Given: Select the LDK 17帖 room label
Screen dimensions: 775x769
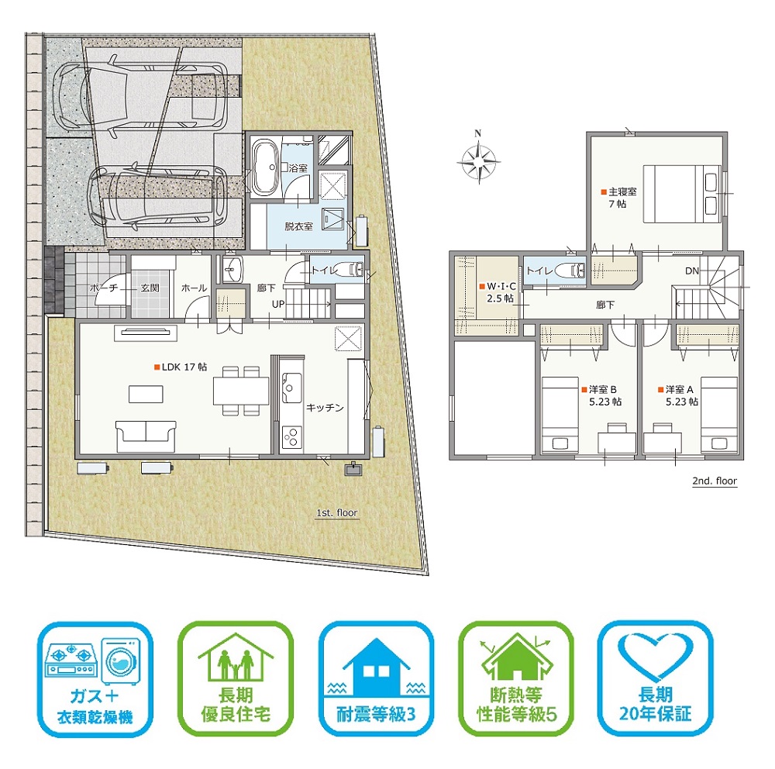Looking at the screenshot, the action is [181, 367].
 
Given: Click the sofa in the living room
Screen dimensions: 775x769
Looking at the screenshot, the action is [146, 436].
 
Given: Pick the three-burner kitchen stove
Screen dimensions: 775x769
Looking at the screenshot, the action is [291, 436].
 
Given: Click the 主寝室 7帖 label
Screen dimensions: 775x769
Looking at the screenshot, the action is [618, 198].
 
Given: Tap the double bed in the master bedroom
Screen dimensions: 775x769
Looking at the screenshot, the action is [682, 194].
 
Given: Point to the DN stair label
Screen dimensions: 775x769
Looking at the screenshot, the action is [692, 271].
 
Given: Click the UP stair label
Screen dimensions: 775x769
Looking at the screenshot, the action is [277, 304].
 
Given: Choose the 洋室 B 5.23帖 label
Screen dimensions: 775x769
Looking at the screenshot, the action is [601, 395].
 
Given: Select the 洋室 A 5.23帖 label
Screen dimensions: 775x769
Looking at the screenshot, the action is [678, 395].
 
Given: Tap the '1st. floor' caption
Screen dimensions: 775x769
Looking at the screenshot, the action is [336, 513].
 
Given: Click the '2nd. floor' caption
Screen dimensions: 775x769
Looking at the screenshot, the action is [715, 481].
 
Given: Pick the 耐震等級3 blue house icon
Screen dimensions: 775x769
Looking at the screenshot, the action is [376, 666].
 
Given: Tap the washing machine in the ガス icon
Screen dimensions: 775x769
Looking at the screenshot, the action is [121, 660].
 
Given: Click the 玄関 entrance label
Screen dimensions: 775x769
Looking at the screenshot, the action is [150, 288].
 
